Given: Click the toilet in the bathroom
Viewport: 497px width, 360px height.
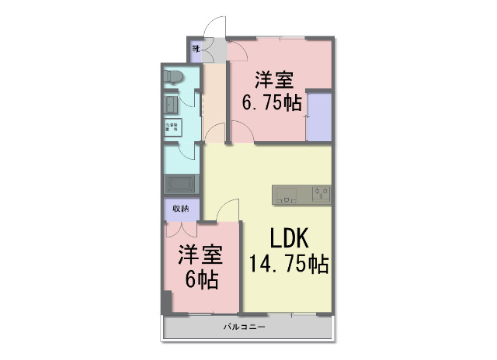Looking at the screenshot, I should [x=173, y=77].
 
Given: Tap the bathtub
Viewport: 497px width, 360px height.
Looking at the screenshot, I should [x=181, y=185].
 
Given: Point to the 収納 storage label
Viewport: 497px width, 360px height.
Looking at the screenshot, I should [x=180, y=208].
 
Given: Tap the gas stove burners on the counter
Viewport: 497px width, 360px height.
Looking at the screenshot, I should [x=321, y=194].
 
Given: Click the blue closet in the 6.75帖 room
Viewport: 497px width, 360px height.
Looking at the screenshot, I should [x=318, y=116].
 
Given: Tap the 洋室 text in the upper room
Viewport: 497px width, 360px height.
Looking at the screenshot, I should [x=273, y=80].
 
